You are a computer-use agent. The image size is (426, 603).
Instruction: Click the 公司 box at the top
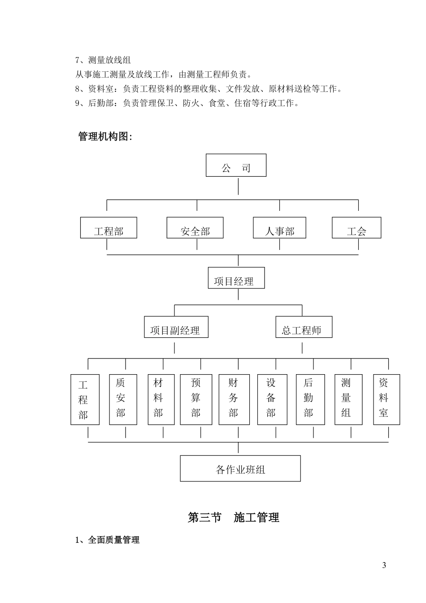pos(236,166)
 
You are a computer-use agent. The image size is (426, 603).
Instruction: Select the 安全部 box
pos(195,228)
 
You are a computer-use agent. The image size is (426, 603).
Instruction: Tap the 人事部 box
pos(279,228)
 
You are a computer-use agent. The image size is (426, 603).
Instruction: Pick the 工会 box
pos(356,228)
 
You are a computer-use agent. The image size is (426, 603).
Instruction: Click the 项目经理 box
pos(236,278)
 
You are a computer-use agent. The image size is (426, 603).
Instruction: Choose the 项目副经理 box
pos(176,328)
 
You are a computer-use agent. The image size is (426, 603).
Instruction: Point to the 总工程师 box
pos(304,328)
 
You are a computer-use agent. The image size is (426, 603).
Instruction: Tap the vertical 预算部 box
pos(196,399)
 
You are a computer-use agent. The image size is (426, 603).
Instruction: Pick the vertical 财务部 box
pos(234,399)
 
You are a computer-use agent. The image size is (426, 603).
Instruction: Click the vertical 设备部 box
pos(272,399)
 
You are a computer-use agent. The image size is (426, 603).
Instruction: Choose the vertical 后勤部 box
pos(309,399)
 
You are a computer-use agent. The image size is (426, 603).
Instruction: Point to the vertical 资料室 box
pos(386,399)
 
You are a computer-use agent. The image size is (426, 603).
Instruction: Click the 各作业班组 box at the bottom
pos(240,469)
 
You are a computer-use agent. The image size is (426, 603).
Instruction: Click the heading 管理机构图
pos(105,136)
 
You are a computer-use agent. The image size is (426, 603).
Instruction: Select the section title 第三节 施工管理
pos(234,518)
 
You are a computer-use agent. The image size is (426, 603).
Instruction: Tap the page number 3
pos(384,565)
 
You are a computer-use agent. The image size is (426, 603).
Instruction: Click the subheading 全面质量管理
pos(108,540)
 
